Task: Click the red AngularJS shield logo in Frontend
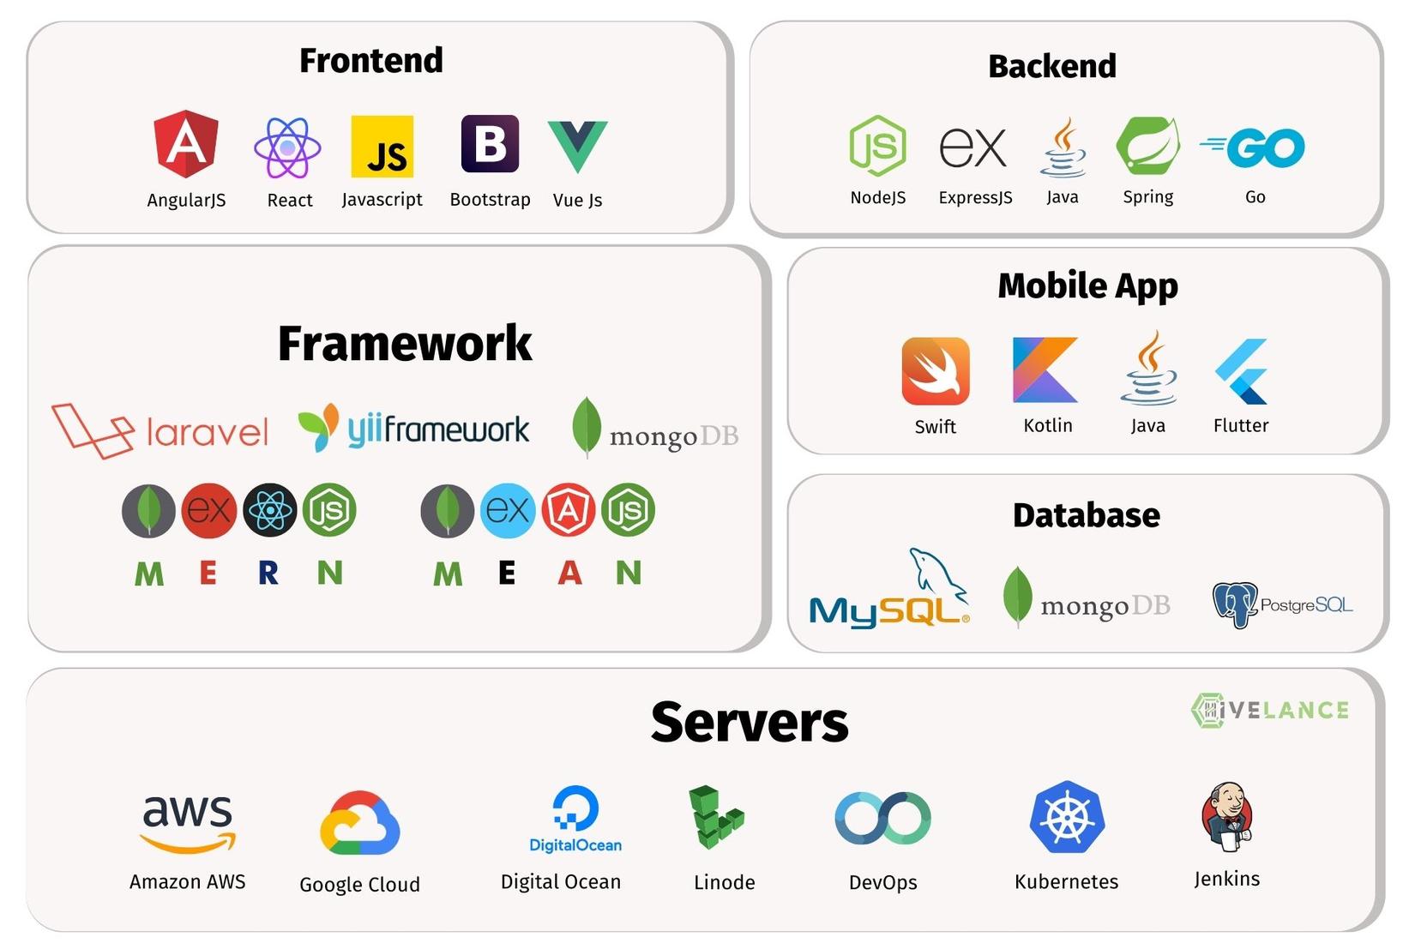[x=186, y=143]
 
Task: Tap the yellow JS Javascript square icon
[x=382, y=147]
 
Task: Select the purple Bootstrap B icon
[x=491, y=143]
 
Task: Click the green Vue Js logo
[x=577, y=146]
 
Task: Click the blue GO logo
[x=1253, y=147]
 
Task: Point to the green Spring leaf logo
[x=1147, y=145]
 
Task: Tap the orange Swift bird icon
[x=936, y=370]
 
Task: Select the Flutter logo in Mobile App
[x=1241, y=371]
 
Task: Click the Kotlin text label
[x=1048, y=425]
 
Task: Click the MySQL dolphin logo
[x=889, y=588]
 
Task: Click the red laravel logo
[x=160, y=430]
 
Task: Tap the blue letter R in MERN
[x=268, y=573]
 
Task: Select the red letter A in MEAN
[x=569, y=573]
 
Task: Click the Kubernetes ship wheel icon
[x=1067, y=817]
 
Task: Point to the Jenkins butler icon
[x=1227, y=817]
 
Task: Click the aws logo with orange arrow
[x=188, y=824]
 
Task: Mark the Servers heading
[x=750, y=722]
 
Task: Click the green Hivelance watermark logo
[x=1270, y=710]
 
